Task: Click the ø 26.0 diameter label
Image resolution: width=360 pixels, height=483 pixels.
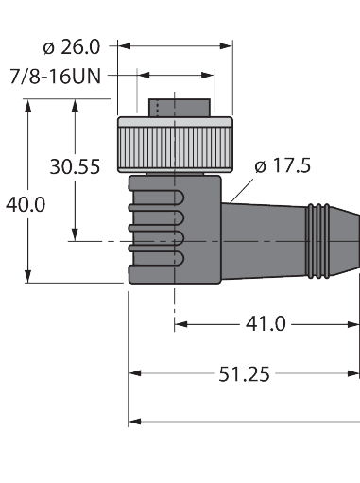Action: (78, 43)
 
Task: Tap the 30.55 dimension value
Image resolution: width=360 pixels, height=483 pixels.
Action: (75, 167)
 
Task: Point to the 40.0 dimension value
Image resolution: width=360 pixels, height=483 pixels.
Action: (26, 204)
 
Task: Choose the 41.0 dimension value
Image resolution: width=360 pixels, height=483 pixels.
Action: (266, 324)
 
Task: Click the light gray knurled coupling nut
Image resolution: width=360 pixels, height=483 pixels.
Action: (174, 146)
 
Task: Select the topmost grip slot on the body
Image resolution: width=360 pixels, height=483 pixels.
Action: (157, 196)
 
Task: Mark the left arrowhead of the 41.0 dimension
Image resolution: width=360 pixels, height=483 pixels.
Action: (180, 324)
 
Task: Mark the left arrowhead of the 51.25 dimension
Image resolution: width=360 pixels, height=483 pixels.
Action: (135, 374)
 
